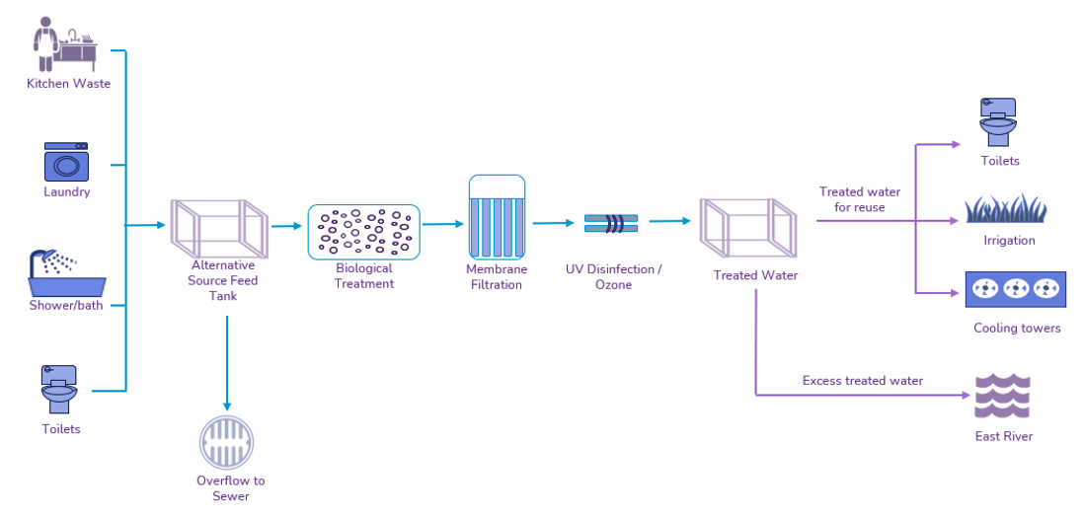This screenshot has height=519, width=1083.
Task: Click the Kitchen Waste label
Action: click(x=68, y=84)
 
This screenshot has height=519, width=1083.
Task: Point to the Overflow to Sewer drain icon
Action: click(x=227, y=441)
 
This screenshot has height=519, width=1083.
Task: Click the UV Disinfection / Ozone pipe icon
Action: click(x=610, y=224)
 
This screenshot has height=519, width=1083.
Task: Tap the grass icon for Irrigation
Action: click(x=1005, y=208)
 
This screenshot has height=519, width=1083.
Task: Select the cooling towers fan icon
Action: click(x=1014, y=289)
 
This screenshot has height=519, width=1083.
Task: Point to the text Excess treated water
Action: click(x=862, y=381)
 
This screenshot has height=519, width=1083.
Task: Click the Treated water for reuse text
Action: click(x=859, y=199)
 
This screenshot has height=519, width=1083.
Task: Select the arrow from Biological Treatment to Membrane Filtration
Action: click(x=442, y=225)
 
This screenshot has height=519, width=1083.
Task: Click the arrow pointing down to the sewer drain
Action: click(x=227, y=365)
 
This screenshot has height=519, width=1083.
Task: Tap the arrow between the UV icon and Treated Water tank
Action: click(x=669, y=222)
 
